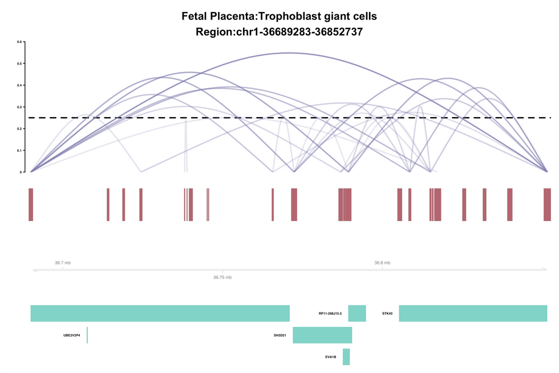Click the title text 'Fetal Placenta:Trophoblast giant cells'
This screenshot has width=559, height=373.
click(279, 16)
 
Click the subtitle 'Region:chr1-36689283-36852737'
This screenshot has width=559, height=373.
click(279, 33)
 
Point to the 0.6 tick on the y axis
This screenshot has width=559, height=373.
click(19, 42)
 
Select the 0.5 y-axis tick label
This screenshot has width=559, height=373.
click(19, 63)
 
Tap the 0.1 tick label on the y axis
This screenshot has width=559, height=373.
click(19, 150)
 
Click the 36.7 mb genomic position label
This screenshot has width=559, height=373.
click(63, 263)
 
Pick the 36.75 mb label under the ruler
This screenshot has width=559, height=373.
click(222, 277)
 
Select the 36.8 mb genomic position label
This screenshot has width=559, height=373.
click(382, 263)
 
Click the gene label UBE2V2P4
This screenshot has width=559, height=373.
click(71, 335)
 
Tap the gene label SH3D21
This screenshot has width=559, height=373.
click(279, 335)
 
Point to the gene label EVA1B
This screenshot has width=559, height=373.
click(331, 357)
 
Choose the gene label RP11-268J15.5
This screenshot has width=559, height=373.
click(330, 314)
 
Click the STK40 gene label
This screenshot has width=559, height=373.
click(387, 314)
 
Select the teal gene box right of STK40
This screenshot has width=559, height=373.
click(473, 313)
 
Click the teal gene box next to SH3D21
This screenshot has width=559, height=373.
click(322, 335)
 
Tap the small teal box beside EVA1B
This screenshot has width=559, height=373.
click(346, 356)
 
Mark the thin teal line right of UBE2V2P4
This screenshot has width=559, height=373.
click(87, 335)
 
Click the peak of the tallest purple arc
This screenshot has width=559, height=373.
click(289, 53)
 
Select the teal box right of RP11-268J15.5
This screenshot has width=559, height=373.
click(357, 313)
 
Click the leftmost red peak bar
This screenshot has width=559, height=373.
click(31, 204)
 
